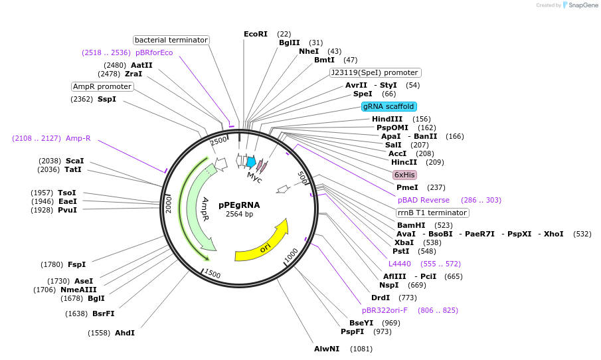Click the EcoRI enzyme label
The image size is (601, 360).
[256, 34]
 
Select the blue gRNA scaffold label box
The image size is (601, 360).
[389, 106]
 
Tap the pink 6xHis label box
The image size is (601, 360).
[404, 175]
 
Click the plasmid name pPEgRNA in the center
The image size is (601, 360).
[239, 205]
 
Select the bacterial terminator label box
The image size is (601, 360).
[171, 40]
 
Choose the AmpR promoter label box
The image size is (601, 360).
[103, 86]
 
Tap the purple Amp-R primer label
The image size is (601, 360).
[78, 138]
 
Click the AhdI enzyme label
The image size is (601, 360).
[125, 333]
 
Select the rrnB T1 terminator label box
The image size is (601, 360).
[432, 213]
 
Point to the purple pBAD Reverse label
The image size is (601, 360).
[424, 200]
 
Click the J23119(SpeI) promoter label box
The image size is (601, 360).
[375, 72]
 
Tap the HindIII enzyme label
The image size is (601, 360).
[387, 119]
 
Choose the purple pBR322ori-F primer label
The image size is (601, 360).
[385, 310]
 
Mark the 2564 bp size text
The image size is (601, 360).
[239, 215]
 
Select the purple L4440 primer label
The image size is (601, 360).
[400, 264]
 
